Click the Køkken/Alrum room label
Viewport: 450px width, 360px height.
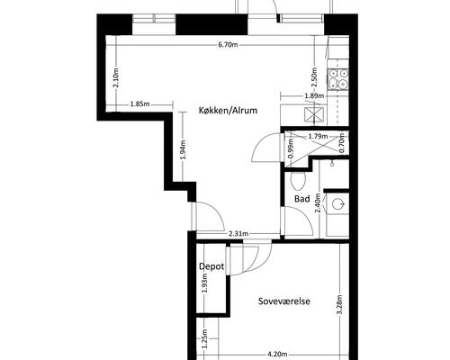(228, 111)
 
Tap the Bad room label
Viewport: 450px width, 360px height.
(302, 199)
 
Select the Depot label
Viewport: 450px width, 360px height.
(211, 266)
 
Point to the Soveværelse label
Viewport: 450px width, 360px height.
(284, 301)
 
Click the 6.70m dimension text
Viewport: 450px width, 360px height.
(228, 45)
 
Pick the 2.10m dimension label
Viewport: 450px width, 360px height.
(116, 77)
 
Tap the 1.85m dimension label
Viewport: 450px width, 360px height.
(139, 104)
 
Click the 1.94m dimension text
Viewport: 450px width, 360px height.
(183, 149)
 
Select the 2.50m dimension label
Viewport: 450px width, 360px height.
(314, 77)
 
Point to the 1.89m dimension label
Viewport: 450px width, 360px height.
(314, 96)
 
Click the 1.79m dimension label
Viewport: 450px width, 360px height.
(318, 137)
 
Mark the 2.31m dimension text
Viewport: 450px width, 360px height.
(238, 233)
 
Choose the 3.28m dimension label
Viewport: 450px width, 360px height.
(340, 304)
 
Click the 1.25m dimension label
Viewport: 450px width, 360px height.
(204, 339)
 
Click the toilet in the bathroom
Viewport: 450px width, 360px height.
(298, 181)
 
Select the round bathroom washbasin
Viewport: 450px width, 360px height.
(338, 204)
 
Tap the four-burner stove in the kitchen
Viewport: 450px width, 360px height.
(338, 79)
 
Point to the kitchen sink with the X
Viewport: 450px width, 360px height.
(314, 114)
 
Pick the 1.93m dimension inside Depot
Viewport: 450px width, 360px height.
(204, 283)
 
